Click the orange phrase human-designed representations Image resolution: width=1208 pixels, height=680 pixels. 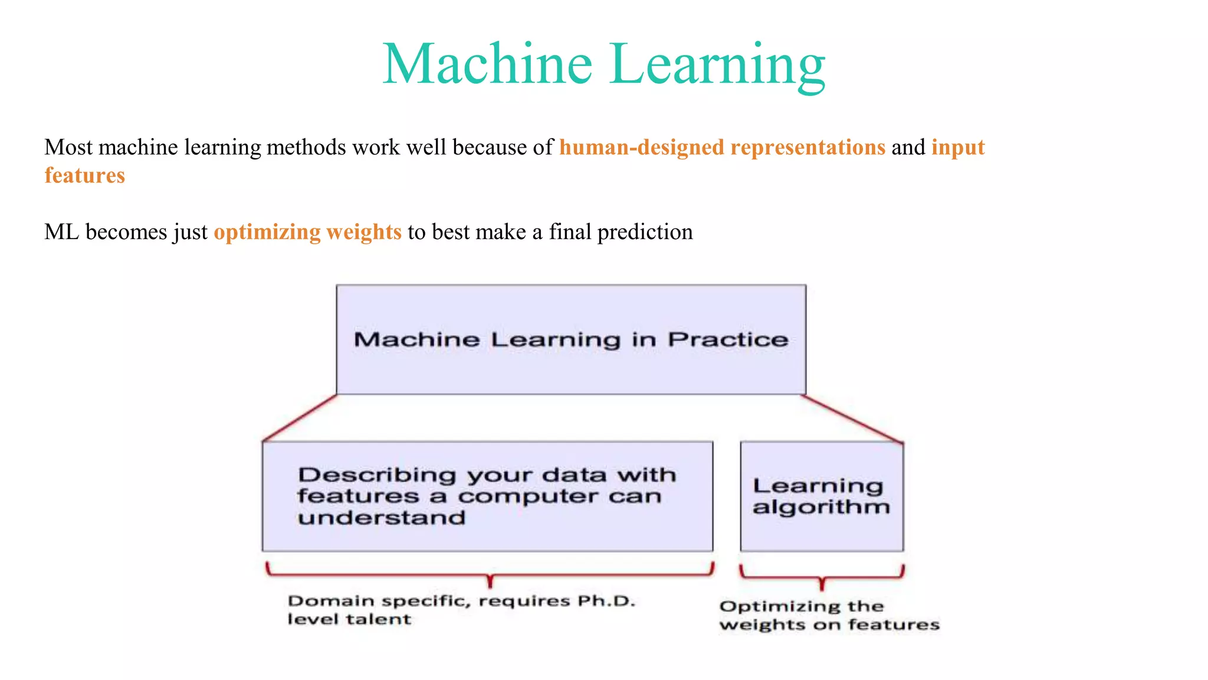[x=722, y=147]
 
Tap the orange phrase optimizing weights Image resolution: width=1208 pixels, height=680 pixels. [x=307, y=232]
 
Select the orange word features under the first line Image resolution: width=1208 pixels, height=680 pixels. [x=84, y=175]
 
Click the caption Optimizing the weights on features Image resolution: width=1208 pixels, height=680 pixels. [x=829, y=615]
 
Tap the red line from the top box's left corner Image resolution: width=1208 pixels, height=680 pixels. [x=300, y=418]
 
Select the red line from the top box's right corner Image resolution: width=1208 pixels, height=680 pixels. [x=852, y=419]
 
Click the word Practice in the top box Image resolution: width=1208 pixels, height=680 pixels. [x=728, y=339]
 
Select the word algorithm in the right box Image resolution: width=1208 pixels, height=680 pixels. [x=821, y=507]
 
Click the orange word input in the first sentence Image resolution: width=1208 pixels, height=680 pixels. [x=958, y=147]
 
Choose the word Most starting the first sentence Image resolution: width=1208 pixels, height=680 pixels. [x=68, y=147]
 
